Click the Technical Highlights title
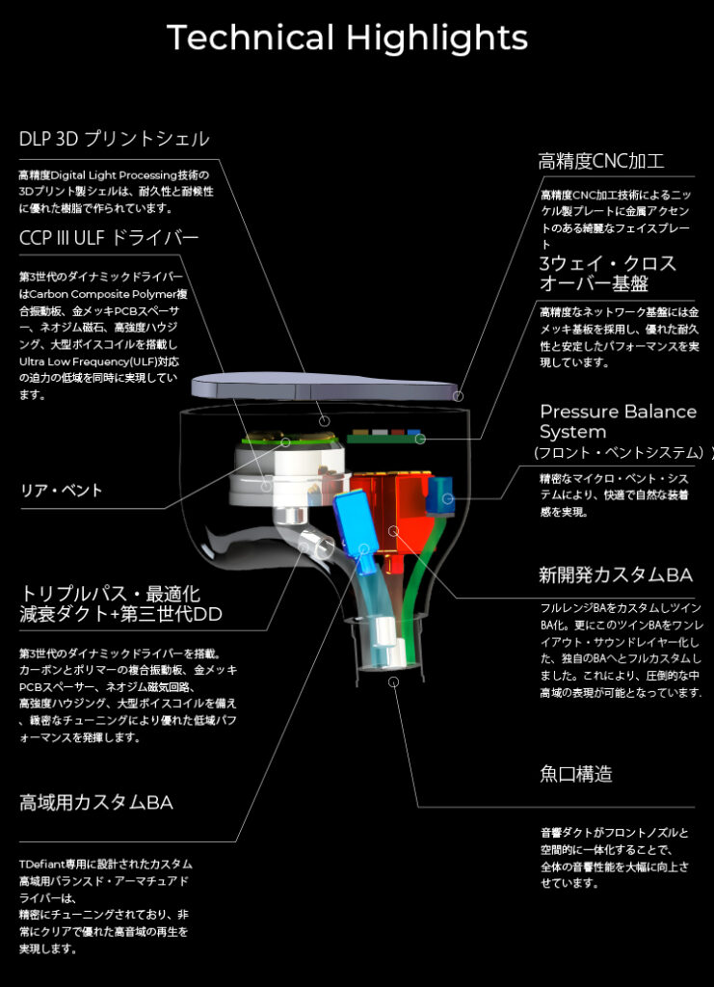coord(347,39)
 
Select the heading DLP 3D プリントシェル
coord(114,139)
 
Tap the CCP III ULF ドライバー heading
coord(109,237)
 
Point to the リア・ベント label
coord(62,491)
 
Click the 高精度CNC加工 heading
coord(601,161)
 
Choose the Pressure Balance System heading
coord(619,421)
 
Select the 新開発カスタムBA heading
coord(616,574)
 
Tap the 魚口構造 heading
coord(576,774)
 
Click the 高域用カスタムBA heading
coord(96,803)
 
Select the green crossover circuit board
coord(383,438)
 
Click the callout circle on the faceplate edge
coord(459,396)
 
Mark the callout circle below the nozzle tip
coord(394,681)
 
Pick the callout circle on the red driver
coord(394,531)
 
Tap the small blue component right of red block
coord(440,494)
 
